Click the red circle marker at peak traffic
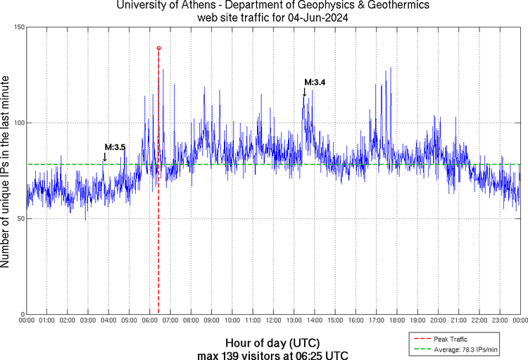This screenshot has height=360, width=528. click(158, 48)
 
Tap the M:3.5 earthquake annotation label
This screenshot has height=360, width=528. click(115, 147)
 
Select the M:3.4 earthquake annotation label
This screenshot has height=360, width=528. click(315, 82)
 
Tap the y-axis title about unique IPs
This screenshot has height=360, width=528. click(6, 169)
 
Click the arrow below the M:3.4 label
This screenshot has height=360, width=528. click(304, 92)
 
